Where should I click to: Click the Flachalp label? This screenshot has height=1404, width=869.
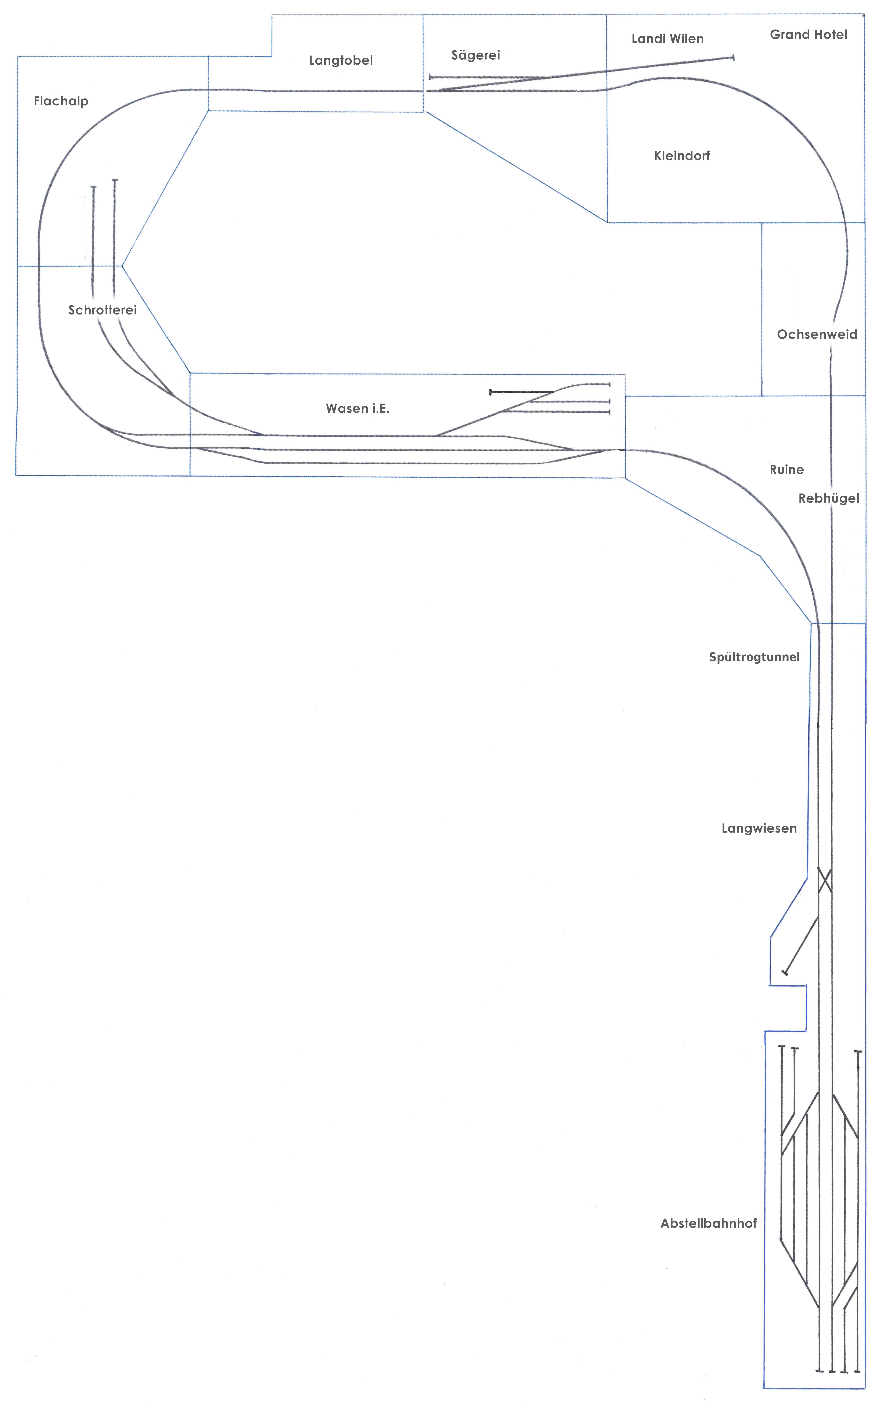pos(61,102)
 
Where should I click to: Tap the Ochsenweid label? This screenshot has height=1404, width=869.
pos(817,334)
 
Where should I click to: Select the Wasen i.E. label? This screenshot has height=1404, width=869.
pos(357,408)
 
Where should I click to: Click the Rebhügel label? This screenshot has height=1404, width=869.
pos(829,499)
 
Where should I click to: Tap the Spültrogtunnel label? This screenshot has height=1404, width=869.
pos(754,657)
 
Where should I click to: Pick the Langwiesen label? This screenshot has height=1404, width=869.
pos(759,828)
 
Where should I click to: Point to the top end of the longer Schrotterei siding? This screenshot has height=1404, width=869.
pos(115,180)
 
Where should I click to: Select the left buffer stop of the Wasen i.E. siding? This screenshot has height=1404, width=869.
pos(490,392)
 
